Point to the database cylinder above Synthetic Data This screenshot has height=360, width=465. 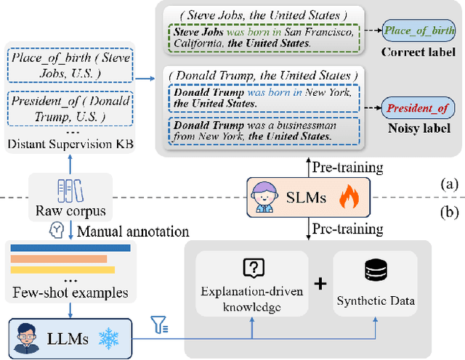(x=375, y=270)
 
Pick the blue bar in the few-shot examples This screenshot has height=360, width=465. (x=70, y=247)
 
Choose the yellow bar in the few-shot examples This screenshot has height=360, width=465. (x=62, y=270)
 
